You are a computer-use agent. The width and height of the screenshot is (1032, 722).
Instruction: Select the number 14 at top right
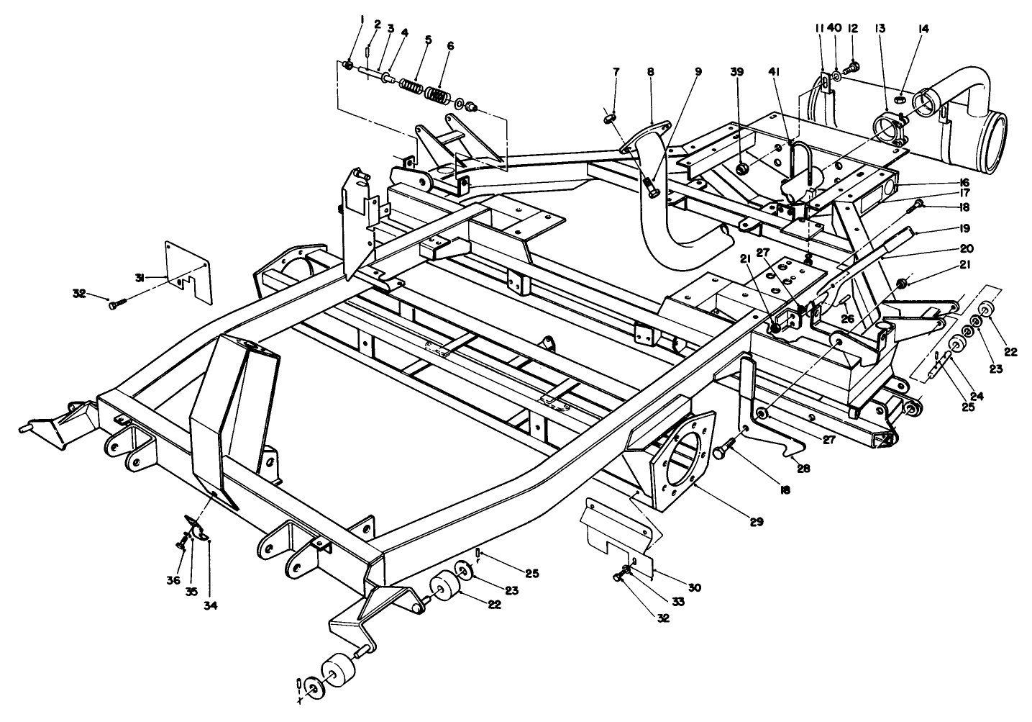click(923, 29)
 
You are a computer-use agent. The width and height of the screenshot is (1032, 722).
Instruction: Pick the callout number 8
click(650, 72)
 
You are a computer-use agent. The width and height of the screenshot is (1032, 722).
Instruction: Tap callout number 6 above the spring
click(450, 45)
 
